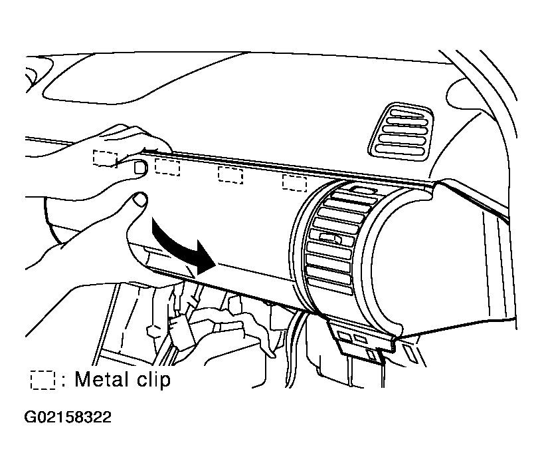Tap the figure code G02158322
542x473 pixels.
pyautogui.click(x=68, y=417)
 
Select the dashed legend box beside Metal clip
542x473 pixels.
pyautogui.click(x=43, y=381)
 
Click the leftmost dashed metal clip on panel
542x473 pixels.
pyautogui.click(x=105, y=158)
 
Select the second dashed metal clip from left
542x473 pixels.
pyautogui.click(x=167, y=167)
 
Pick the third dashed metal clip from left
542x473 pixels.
pyautogui.click(x=230, y=175)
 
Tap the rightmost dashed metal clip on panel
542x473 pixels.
pyautogui.click(x=294, y=183)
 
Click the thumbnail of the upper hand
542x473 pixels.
pyautogui.click(x=140, y=167)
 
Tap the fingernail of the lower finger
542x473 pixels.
pyautogui.click(x=140, y=200)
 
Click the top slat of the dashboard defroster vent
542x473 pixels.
pyautogui.click(x=410, y=114)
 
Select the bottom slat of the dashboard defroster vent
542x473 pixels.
pyautogui.click(x=400, y=150)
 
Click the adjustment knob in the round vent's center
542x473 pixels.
pyautogui.click(x=331, y=237)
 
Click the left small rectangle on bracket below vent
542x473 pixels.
pyautogui.click(x=344, y=336)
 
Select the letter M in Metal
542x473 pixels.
pyautogui.click(x=82, y=379)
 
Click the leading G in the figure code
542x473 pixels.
pyautogui.click(x=29, y=417)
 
